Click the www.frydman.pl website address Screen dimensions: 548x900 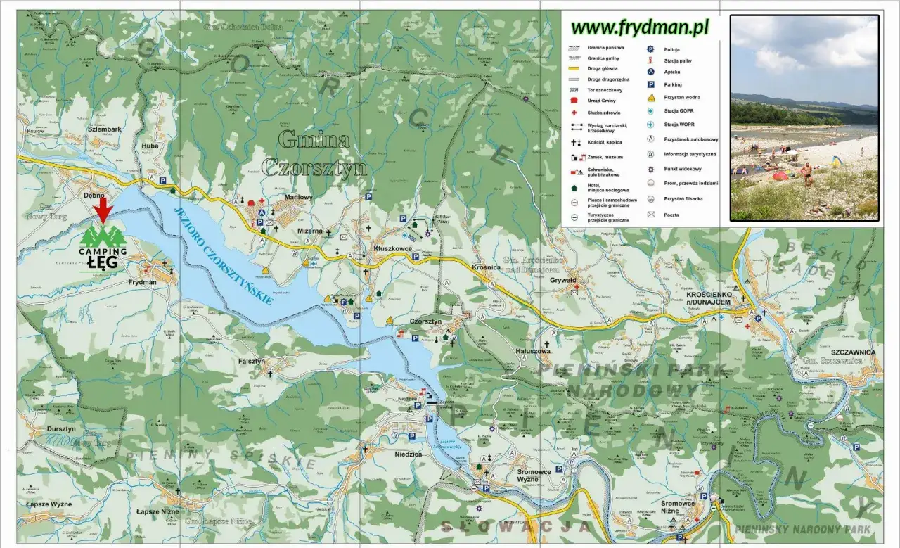[x=640, y=27]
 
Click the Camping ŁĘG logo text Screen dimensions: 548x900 [x=103, y=257]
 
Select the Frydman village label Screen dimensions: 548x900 [x=143, y=282]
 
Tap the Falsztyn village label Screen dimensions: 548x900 [x=251, y=361]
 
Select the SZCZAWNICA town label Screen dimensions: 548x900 [x=854, y=352]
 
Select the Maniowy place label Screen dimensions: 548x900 [x=297, y=198]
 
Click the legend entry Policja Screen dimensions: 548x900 [x=671, y=49]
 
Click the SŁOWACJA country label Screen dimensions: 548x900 [x=515, y=526]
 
